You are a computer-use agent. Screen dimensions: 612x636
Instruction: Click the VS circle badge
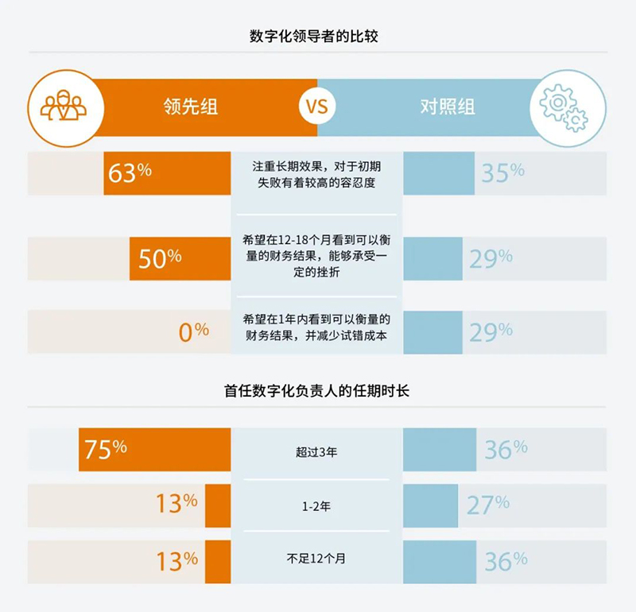pyautogui.click(x=316, y=106)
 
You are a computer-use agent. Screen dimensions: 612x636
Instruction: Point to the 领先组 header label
pyautogui.click(x=189, y=107)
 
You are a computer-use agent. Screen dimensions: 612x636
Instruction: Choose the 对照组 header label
pyautogui.click(x=448, y=107)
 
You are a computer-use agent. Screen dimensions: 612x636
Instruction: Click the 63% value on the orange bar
pyautogui.click(x=130, y=172)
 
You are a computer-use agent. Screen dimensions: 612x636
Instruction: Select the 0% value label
pyautogui.click(x=193, y=331)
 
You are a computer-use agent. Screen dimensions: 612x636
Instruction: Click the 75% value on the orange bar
pyautogui.click(x=106, y=449)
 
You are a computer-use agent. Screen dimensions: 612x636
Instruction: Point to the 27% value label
pyautogui.click(x=487, y=505)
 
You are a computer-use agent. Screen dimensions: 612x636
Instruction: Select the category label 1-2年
pyautogui.click(x=316, y=505)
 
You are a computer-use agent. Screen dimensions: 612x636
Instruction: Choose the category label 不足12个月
pyautogui.click(x=316, y=560)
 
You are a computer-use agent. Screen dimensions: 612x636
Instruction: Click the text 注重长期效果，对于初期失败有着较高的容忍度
pyautogui.click(x=316, y=174)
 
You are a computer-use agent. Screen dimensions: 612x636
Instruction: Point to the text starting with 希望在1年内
pyautogui.click(x=316, y=327)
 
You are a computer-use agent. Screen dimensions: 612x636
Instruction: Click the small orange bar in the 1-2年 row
pyautogui.click(x=218, y=505)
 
